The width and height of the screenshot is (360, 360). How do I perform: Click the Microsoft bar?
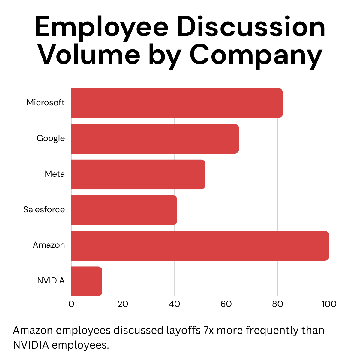click(177, 103)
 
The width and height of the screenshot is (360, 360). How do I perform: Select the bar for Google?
click(155, 139)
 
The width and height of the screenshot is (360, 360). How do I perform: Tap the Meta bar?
click(138, 174)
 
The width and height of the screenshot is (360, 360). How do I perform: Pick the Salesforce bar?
click(124, 210)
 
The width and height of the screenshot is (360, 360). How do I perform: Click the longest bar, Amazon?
click(200, 246)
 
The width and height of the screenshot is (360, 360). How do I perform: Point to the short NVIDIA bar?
click(87, 281)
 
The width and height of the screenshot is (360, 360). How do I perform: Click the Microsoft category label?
click(46, 102)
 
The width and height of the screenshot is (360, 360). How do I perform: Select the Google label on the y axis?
click(51, 139)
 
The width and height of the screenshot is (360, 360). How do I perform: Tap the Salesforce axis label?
click(44, 209)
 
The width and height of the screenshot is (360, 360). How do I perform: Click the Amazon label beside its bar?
click(49, 245)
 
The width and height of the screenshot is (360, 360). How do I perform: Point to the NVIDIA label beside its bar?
click(51, 280)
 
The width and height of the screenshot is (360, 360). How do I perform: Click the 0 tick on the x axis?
click(71, 304)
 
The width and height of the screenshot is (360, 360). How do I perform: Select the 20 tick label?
click(123, 304)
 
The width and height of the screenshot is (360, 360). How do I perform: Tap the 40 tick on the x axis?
click(175, 304)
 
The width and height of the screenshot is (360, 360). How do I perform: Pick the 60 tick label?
click(226, 304)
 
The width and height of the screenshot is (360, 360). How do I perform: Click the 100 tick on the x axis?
click(329, 304)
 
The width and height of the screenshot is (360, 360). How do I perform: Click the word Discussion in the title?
click(251, 26)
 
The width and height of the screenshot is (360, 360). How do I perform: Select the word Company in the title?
click(256, 55)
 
